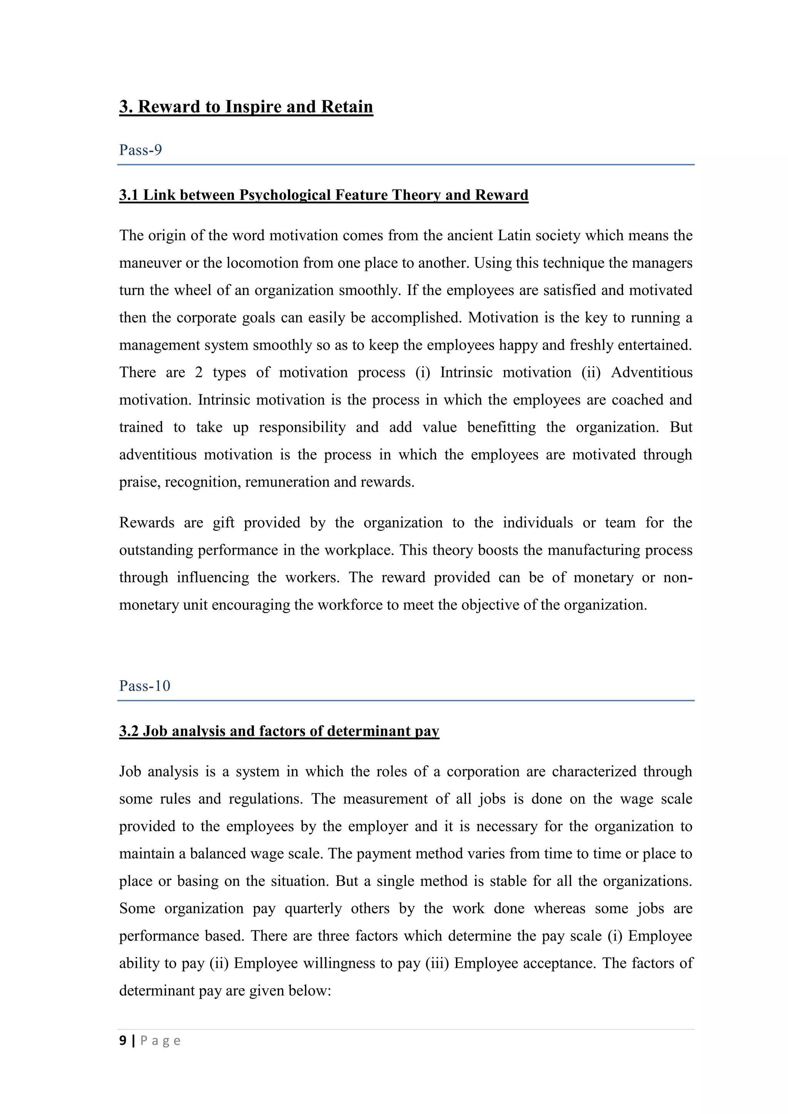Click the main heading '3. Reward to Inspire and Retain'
point(246,107)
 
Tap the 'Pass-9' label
point(141,150)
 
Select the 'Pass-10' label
point(145,685)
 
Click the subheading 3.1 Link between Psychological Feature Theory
point(324,195)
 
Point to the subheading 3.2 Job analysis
point(279,731)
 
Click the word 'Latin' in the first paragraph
point(515,236)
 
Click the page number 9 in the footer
point(123,1041)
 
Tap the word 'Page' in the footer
point(160,1041)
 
